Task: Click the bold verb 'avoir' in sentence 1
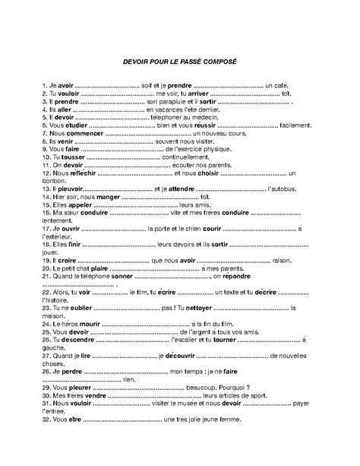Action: [x=66, y=87]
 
